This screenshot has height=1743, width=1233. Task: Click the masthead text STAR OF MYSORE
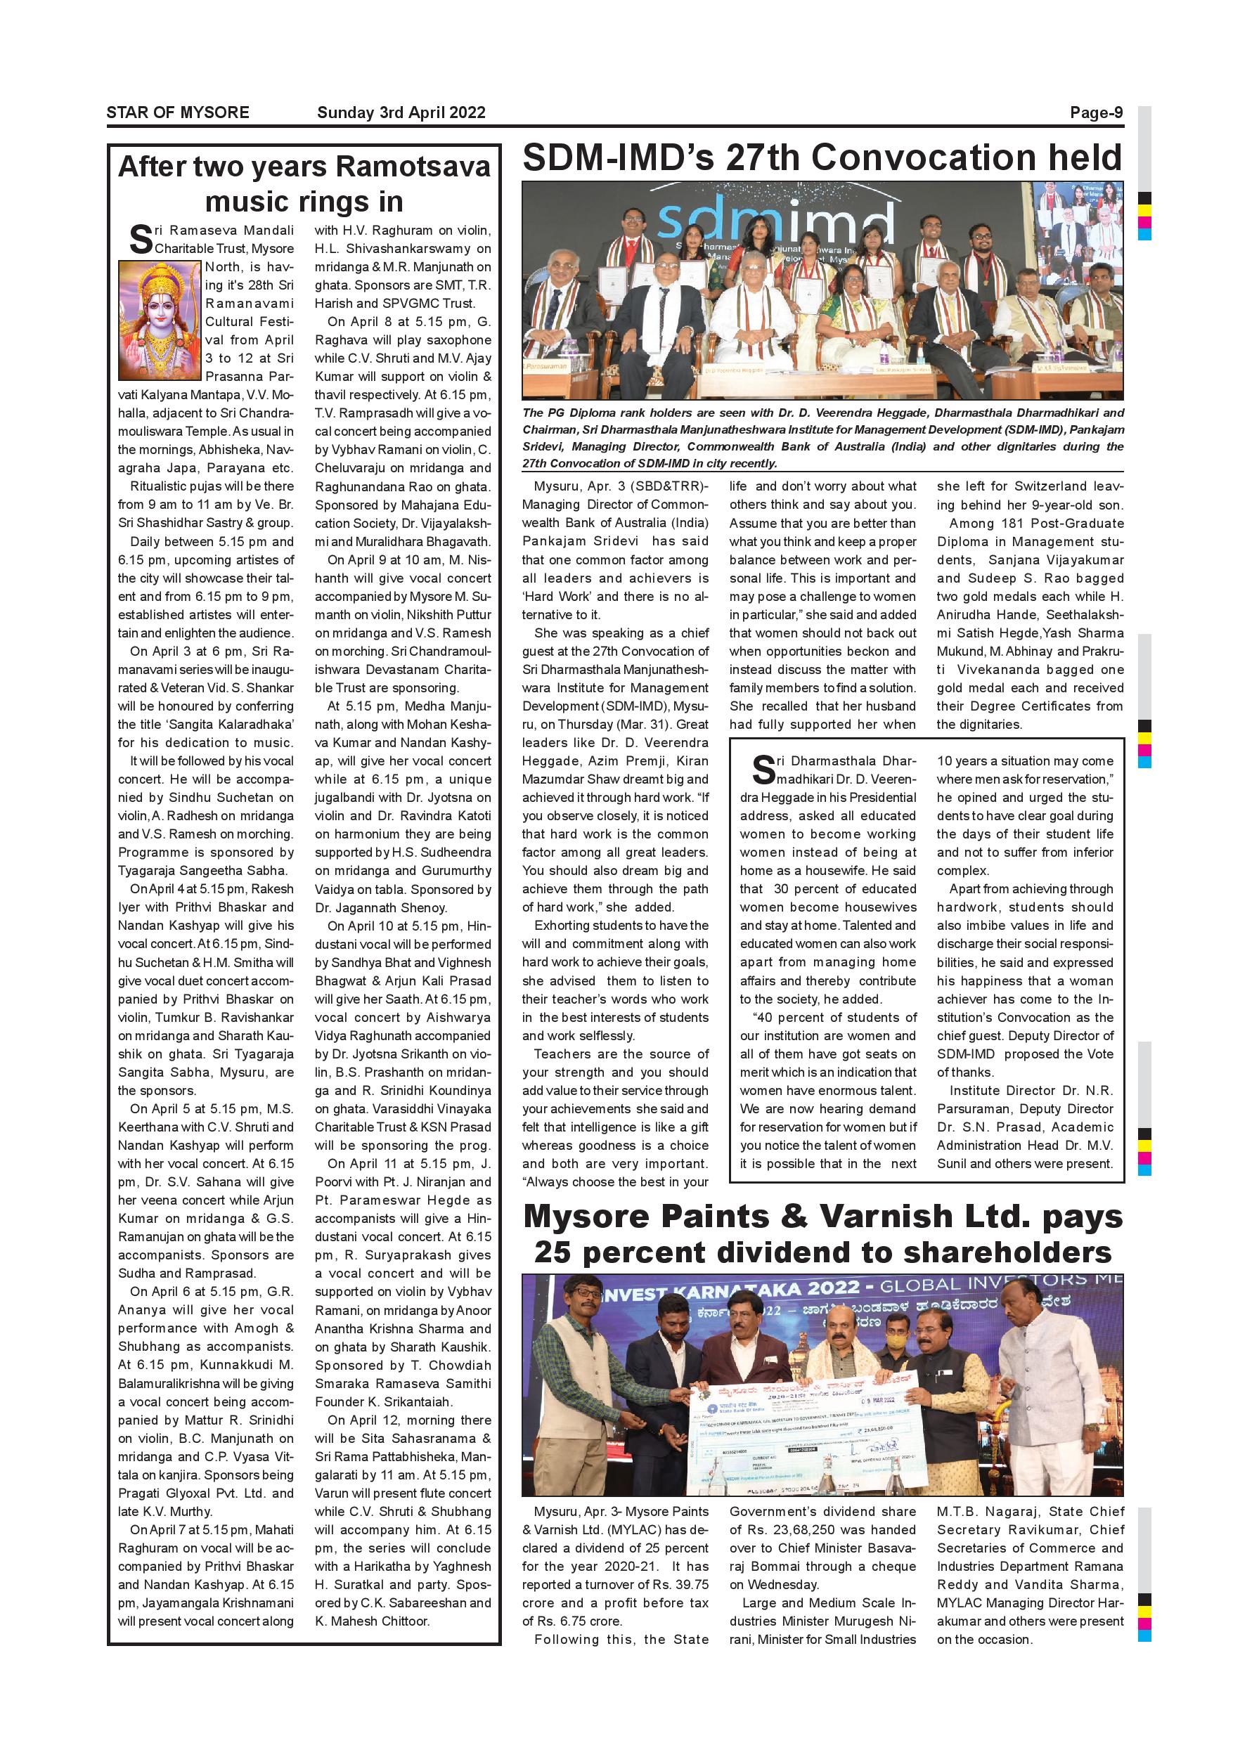[178, 113]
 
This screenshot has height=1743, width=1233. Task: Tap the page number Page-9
[1097, 113]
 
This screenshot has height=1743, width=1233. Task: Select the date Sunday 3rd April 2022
[401, 113]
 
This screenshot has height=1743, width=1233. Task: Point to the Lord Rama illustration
[160, 320]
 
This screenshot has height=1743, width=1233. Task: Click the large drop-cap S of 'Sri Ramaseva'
[141, 238]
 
